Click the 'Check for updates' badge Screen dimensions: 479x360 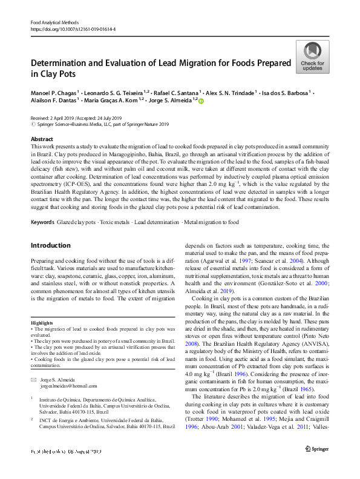(312, 58)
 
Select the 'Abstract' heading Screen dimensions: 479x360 (42, 139)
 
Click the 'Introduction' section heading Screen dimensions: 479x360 (50, 245)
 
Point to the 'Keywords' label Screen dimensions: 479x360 (42, 222)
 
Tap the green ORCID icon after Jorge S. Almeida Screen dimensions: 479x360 (201, 101)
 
